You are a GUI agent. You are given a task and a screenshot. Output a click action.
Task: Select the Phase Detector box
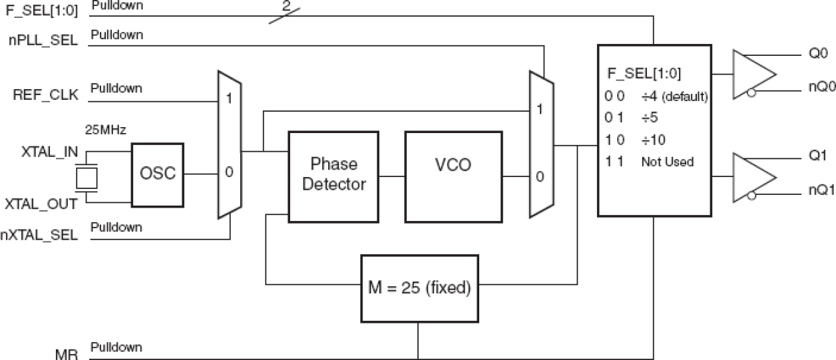(x=333, y=176)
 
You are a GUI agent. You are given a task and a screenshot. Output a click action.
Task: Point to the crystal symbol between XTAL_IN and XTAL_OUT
(x=87, y=178)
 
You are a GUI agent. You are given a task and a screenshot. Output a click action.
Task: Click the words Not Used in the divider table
(x=667, y=162)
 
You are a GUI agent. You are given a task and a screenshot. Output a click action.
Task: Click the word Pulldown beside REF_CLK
(x=116, y=88)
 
